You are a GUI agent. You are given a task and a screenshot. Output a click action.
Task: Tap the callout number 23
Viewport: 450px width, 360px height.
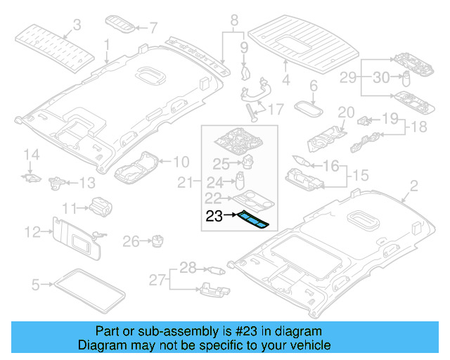point(214,217)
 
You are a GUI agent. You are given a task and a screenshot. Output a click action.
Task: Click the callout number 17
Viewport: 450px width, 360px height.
point(275,110)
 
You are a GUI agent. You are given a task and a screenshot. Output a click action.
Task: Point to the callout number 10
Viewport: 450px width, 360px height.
point(180,161)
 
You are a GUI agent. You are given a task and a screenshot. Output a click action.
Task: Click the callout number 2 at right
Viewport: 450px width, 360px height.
point(413,186)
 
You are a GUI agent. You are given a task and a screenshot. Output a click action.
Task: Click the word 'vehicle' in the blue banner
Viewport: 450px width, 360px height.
point(304,346)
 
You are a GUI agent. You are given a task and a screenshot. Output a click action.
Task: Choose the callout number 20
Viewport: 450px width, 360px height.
point(345,113)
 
